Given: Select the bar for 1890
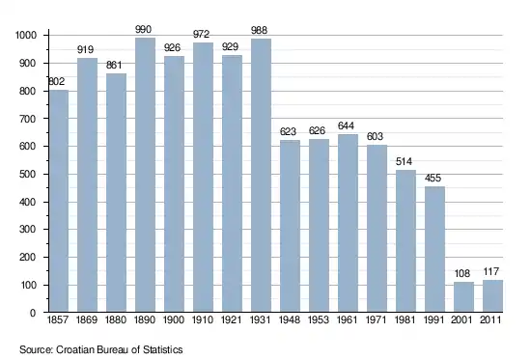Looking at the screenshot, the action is [145, 175].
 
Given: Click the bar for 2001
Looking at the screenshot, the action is [463, 297].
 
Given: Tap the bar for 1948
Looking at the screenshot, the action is [290, 226].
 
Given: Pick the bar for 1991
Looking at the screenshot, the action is [434, 249].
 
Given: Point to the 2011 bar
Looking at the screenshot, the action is [492, 296].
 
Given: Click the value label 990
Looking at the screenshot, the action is [143, 30].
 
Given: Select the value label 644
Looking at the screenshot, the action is [346, 126].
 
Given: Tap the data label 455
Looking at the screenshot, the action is [433, 179].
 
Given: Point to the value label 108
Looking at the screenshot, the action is [461, 273].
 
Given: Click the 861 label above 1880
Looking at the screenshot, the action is [114, 65].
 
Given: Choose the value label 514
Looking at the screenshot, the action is [404, 161].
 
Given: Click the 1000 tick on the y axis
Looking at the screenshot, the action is [26, 35].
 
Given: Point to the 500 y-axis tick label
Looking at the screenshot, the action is [28, 175].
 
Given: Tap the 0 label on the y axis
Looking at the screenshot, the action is [33, 313].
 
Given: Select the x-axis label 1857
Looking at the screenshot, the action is [58, 320].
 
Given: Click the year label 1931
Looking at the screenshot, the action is [260, 320].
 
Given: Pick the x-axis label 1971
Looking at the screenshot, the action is [376, 320].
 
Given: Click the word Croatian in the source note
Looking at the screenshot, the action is [75, 349].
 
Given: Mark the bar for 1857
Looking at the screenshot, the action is [59, 201].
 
